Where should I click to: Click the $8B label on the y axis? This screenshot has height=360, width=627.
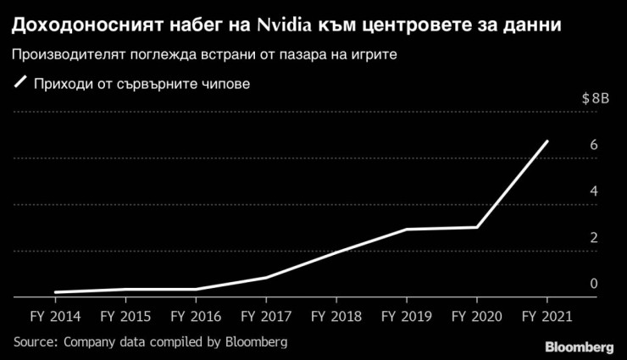[x=596, y=98]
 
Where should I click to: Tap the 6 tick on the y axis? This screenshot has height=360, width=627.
[x=594, y=145]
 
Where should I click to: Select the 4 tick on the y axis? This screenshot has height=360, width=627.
[x=594, y=191]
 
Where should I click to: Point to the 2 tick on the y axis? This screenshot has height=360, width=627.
[x=594, y=237]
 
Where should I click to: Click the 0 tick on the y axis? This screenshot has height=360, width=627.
[x=594, y=284]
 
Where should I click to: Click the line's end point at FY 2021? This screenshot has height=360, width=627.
[x=547, y=141]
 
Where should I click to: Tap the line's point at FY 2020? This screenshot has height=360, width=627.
[x=477, y=227]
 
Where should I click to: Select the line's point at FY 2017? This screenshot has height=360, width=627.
[x=266, y=277]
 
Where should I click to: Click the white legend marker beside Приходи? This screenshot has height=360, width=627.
[x=21, y=84]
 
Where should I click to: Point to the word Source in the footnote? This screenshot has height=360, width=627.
[x=32, y=342]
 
